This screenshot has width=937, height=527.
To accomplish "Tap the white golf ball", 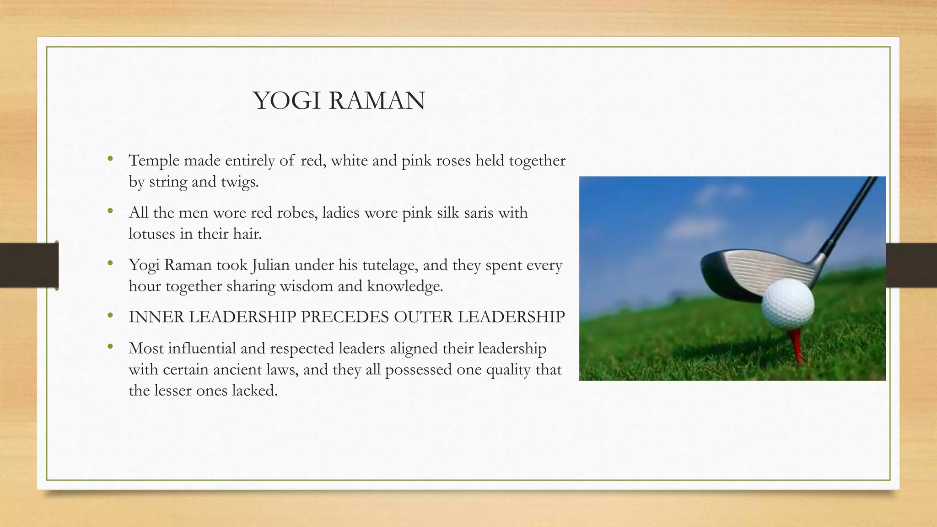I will pos(788,305).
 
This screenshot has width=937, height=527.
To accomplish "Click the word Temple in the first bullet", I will pos(154,161).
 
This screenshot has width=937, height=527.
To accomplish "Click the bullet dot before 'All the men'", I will pos(110,211).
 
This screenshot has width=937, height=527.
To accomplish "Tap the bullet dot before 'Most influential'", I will pos(110,347).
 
